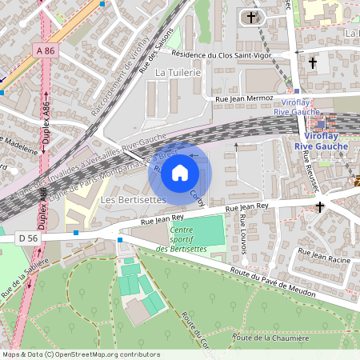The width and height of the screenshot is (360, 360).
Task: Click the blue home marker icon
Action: tap(180, 172)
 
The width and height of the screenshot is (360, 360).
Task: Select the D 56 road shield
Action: tap(27, 238)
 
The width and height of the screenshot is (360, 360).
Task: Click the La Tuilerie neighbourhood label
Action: tap(177, 72)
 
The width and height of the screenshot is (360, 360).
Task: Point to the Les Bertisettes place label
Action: tap(134, 198)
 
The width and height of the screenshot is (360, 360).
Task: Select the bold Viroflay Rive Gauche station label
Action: tap(321, 141)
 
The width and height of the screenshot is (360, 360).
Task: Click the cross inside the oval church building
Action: tap(251, 16)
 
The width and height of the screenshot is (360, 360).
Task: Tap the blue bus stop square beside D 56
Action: tap(76, 233)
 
